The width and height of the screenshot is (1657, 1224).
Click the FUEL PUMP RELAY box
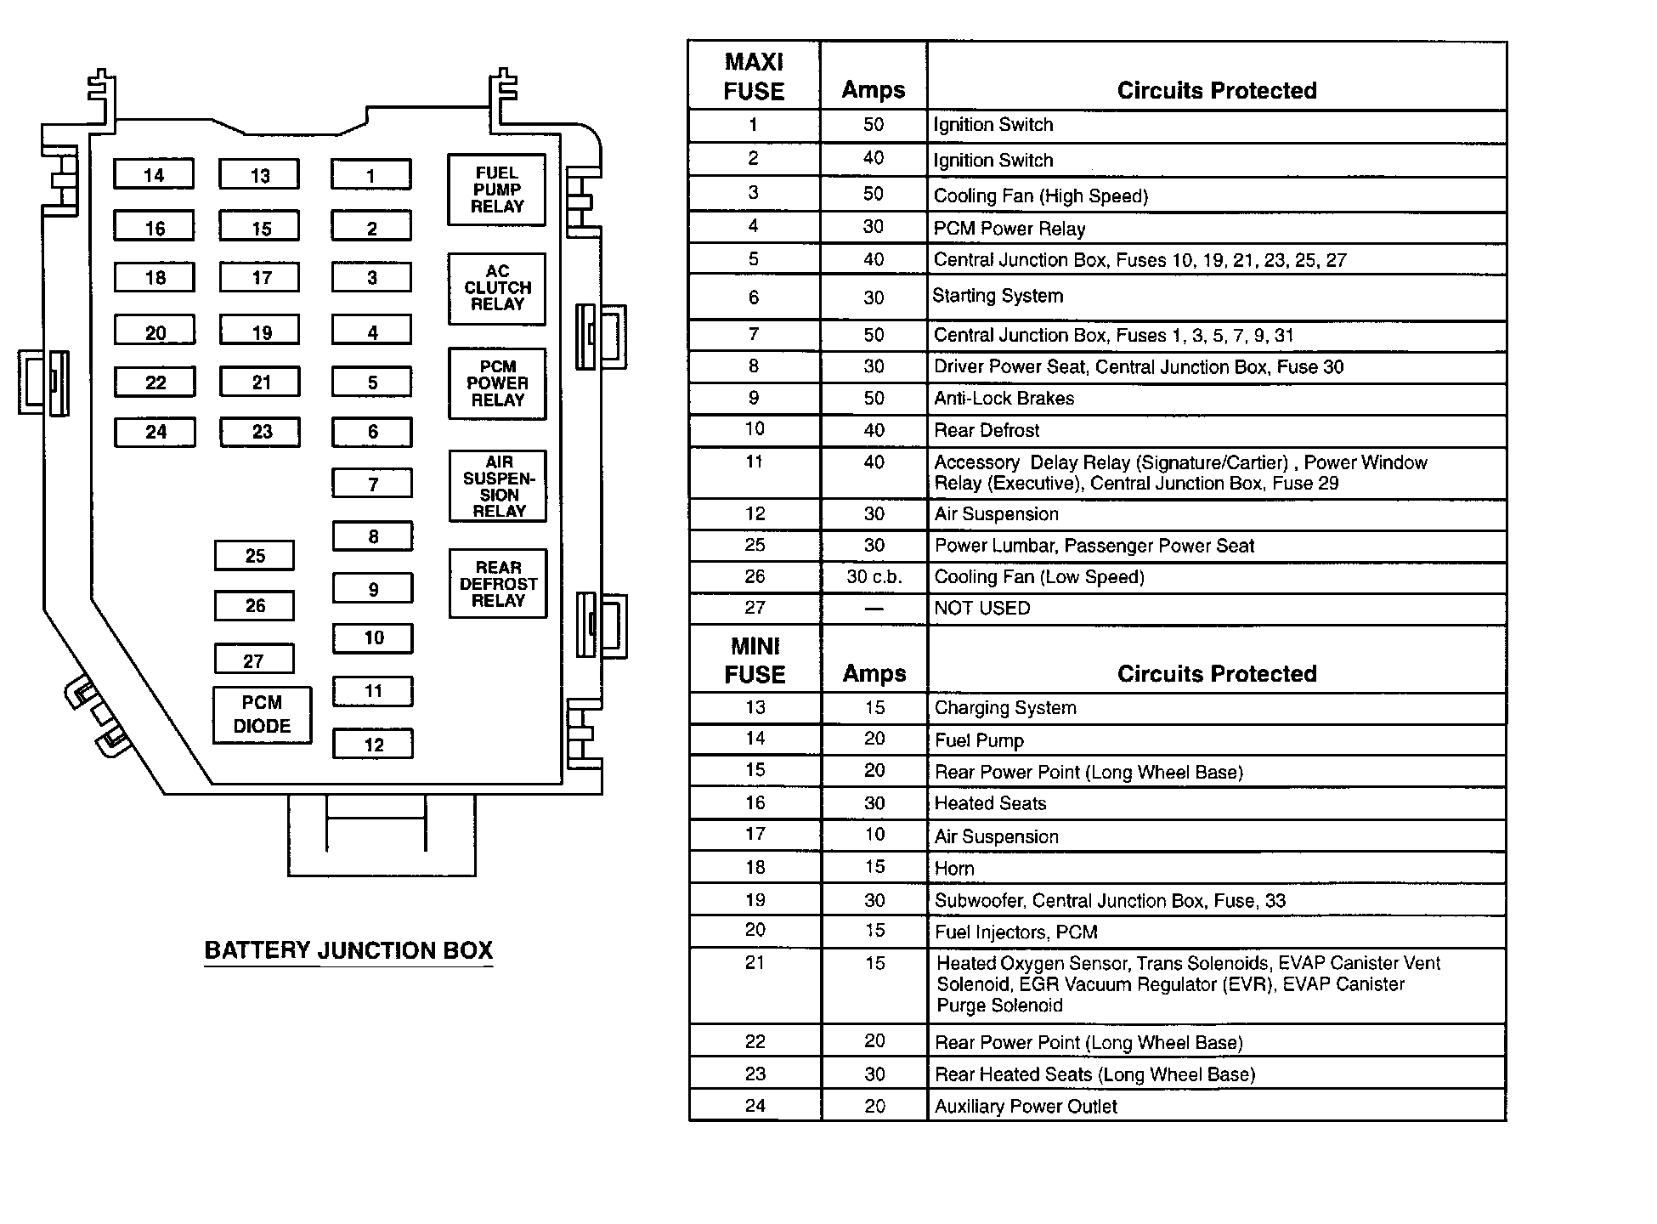496,190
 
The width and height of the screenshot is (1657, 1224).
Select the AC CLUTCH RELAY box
497,288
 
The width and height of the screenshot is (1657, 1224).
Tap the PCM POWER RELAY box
497,383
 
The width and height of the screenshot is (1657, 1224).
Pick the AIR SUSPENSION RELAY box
498,486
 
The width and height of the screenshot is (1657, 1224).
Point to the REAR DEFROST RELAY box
498,584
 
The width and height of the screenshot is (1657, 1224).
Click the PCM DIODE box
262,715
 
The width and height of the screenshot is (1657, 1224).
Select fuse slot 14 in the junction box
154,175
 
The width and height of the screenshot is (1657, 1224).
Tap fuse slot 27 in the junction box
253,660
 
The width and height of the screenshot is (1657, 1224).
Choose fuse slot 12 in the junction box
373,745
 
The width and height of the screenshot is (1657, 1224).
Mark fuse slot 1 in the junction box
370,176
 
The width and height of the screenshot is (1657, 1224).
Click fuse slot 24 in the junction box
156,432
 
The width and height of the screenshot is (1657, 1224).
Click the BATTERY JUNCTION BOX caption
348,950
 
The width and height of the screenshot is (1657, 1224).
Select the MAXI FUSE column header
754,76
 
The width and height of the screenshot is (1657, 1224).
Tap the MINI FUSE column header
755,660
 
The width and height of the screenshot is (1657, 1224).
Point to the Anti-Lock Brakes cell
1004,399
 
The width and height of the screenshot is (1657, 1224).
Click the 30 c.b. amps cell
874,577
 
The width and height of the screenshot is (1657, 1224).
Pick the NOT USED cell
982,609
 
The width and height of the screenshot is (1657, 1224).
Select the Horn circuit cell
954,869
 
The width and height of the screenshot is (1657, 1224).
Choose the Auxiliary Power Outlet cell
1026,1107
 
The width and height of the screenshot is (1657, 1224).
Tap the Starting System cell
998,297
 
